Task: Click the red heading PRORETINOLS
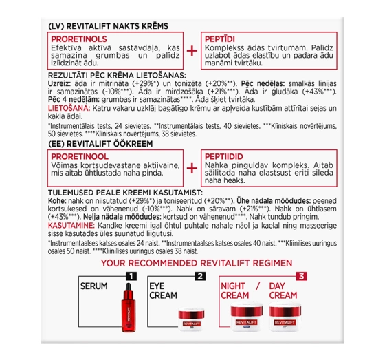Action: pyautogui.click(x=81, y=40)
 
